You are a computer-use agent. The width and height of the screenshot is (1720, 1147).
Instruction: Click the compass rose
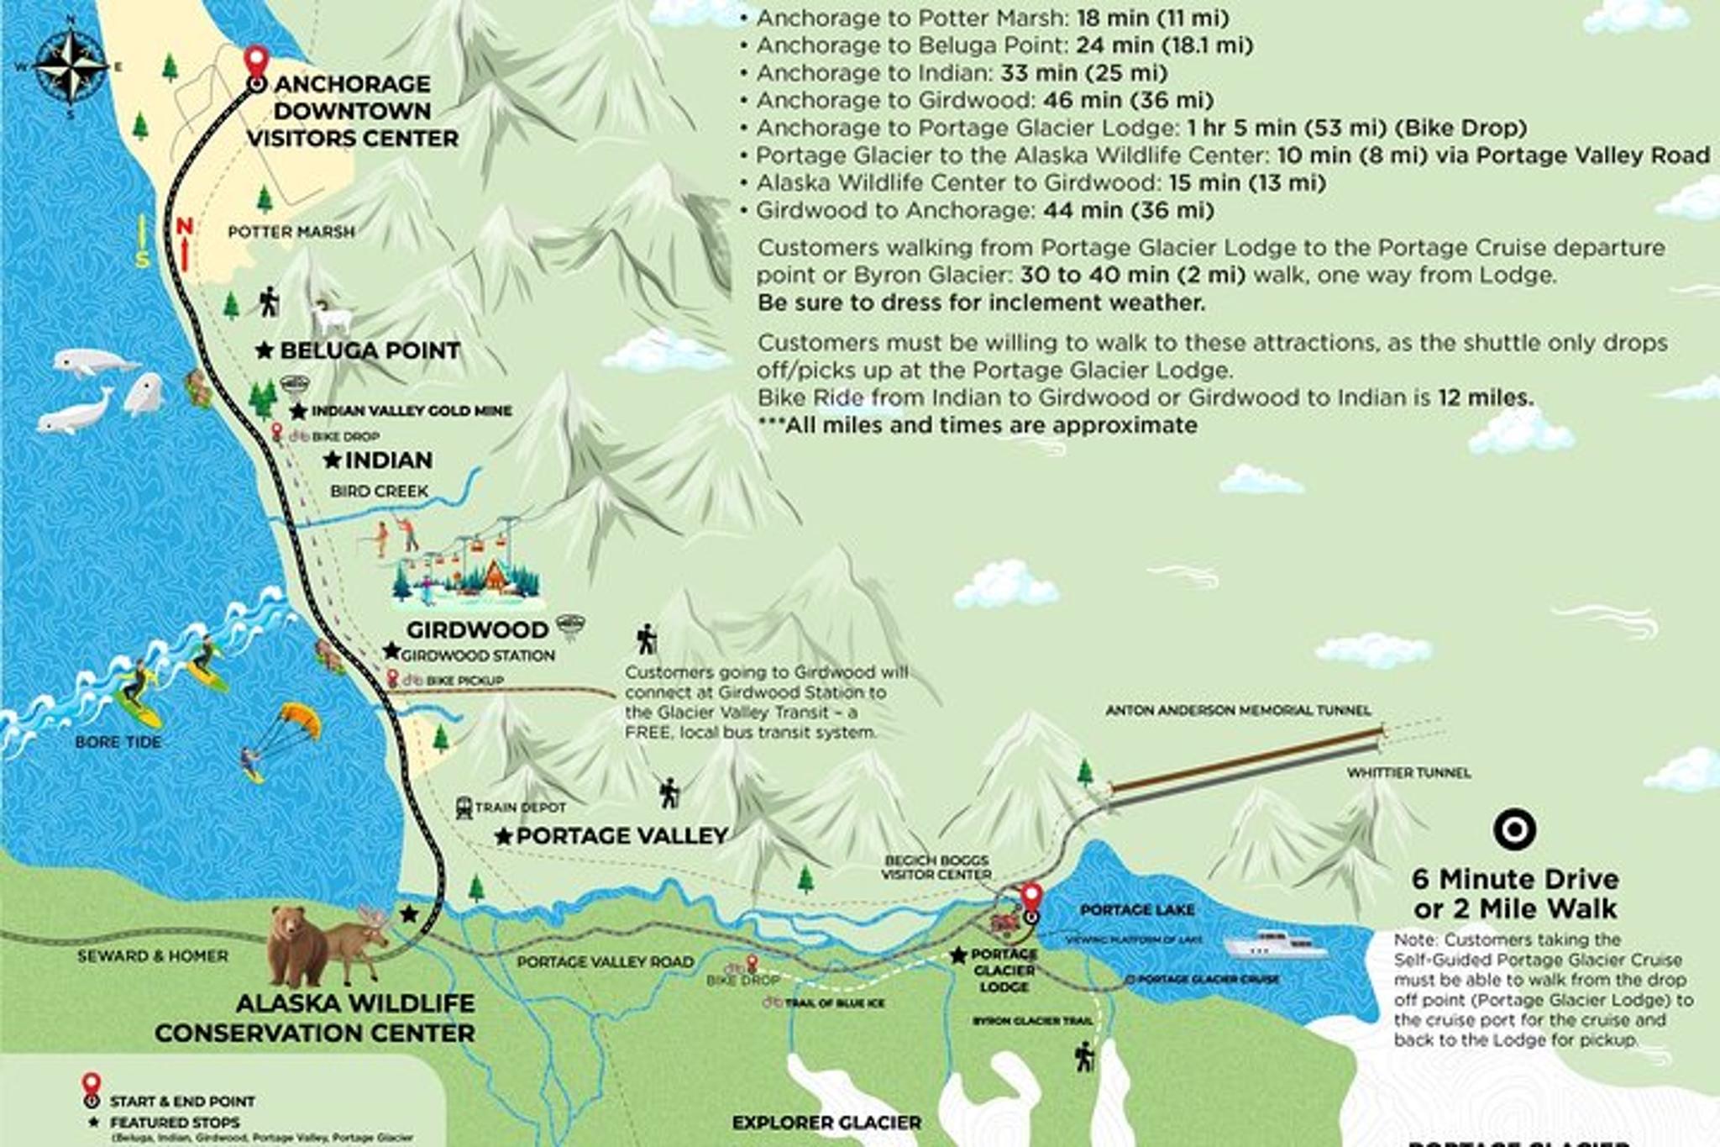pyautogui.click(x=71, y=66)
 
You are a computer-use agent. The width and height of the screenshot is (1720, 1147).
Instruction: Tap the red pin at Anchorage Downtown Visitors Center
pyautogui.click(x=256, y=62)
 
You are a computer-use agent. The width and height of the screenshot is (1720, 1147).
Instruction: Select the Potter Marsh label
pyautogui.click(x=291, y=232)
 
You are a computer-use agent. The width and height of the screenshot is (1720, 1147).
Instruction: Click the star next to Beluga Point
pyautogui.click(x=265, y=350)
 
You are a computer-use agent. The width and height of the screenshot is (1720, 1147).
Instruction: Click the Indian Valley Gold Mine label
pyautogui.click(x=412, y=411)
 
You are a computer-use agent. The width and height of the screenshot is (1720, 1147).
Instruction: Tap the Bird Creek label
pyautogui.click(x=379, y=491)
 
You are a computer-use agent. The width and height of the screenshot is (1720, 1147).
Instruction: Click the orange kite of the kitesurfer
pyautogui.click(x=300, y=718)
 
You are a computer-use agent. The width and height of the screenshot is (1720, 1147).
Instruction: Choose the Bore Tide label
pyautogui.click(x=118, y=742)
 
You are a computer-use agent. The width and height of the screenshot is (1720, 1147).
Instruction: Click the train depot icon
pyautogui.click(x=464, y=808)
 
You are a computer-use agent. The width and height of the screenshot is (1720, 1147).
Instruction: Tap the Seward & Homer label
pyautogui.click(x=153, y=956)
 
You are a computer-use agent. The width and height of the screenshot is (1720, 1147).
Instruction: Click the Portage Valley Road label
pyautogui.click(x=605, y=962)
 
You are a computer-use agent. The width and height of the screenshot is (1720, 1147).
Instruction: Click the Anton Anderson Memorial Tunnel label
pyautogui.click(x=1238, y=711)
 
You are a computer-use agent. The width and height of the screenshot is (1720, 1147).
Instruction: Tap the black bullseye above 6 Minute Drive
pyautogui.click(x=1514, y=829)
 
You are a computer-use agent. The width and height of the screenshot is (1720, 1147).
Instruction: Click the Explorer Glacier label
pyautogui.click(x=826, y=1123)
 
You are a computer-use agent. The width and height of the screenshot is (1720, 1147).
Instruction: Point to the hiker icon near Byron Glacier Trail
pyautogui.click(x=1084, y=1056)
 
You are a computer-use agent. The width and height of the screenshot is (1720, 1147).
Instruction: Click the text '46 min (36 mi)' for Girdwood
pyautogui.click(x=1128, y=100)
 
